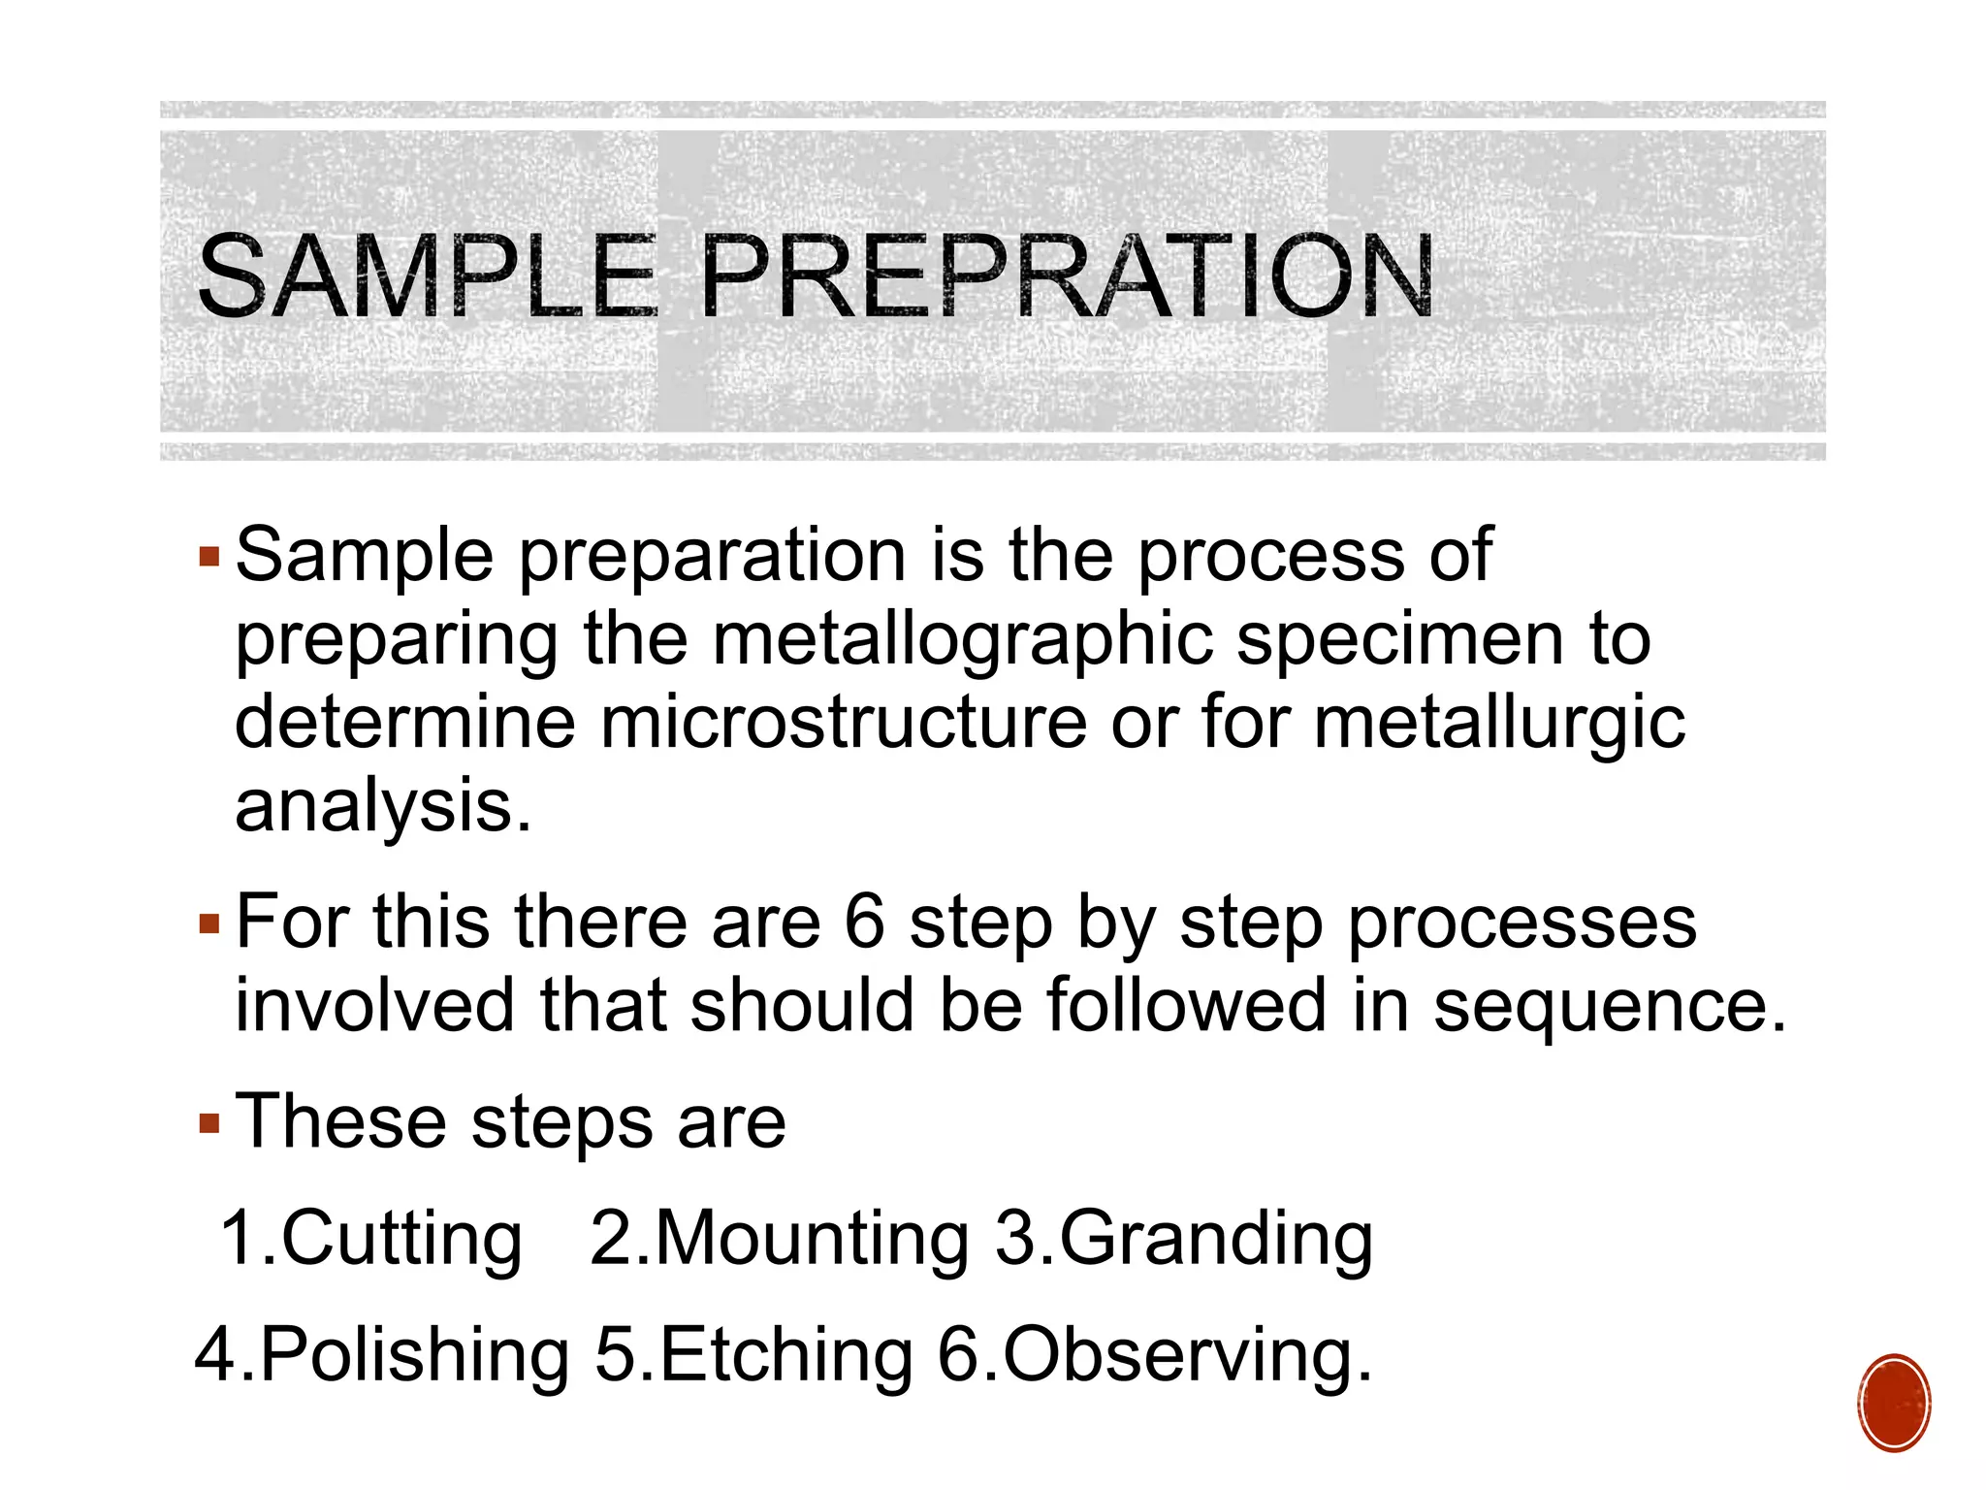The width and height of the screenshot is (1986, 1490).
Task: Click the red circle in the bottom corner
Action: click(1894, 1403)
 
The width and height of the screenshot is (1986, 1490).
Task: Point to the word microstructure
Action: click(843, 723)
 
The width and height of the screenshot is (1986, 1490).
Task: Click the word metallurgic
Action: click(1499, 725)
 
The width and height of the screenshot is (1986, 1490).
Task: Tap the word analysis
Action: click(382, 806)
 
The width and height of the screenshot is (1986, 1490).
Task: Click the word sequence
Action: click(1609, 1005)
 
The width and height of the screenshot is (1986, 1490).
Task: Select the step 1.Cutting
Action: click(371, 1240)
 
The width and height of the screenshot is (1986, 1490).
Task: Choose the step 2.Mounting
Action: click(780, 1240)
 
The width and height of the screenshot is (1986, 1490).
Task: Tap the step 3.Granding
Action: click(1184, 1240)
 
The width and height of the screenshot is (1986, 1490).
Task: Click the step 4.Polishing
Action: click(383, 1356)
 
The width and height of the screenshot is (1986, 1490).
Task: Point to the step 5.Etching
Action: click(753, 1354)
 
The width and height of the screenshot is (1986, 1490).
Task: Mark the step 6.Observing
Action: click(1154, 1354)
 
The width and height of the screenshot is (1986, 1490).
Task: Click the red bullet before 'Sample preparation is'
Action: click(209, 557)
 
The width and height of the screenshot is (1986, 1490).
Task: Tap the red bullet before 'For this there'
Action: click(209, 923)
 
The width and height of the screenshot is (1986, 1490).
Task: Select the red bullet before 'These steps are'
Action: click(209, 1123)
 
